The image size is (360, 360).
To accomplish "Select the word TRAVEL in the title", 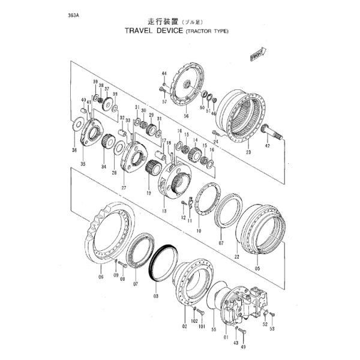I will pyautogui.click(x=142, y=31).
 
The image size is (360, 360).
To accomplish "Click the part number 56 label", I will pyautogui.click(x=187, y=115).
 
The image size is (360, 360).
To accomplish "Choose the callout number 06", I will pyautogui.click(x=100, y=277).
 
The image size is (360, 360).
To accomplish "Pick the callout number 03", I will pyautogui.click(x=155, y=295).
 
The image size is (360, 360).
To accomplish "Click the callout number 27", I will pyautogui.click(x=124, y=187).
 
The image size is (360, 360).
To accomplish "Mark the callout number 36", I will pyautogui.click(x=74, y=150).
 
